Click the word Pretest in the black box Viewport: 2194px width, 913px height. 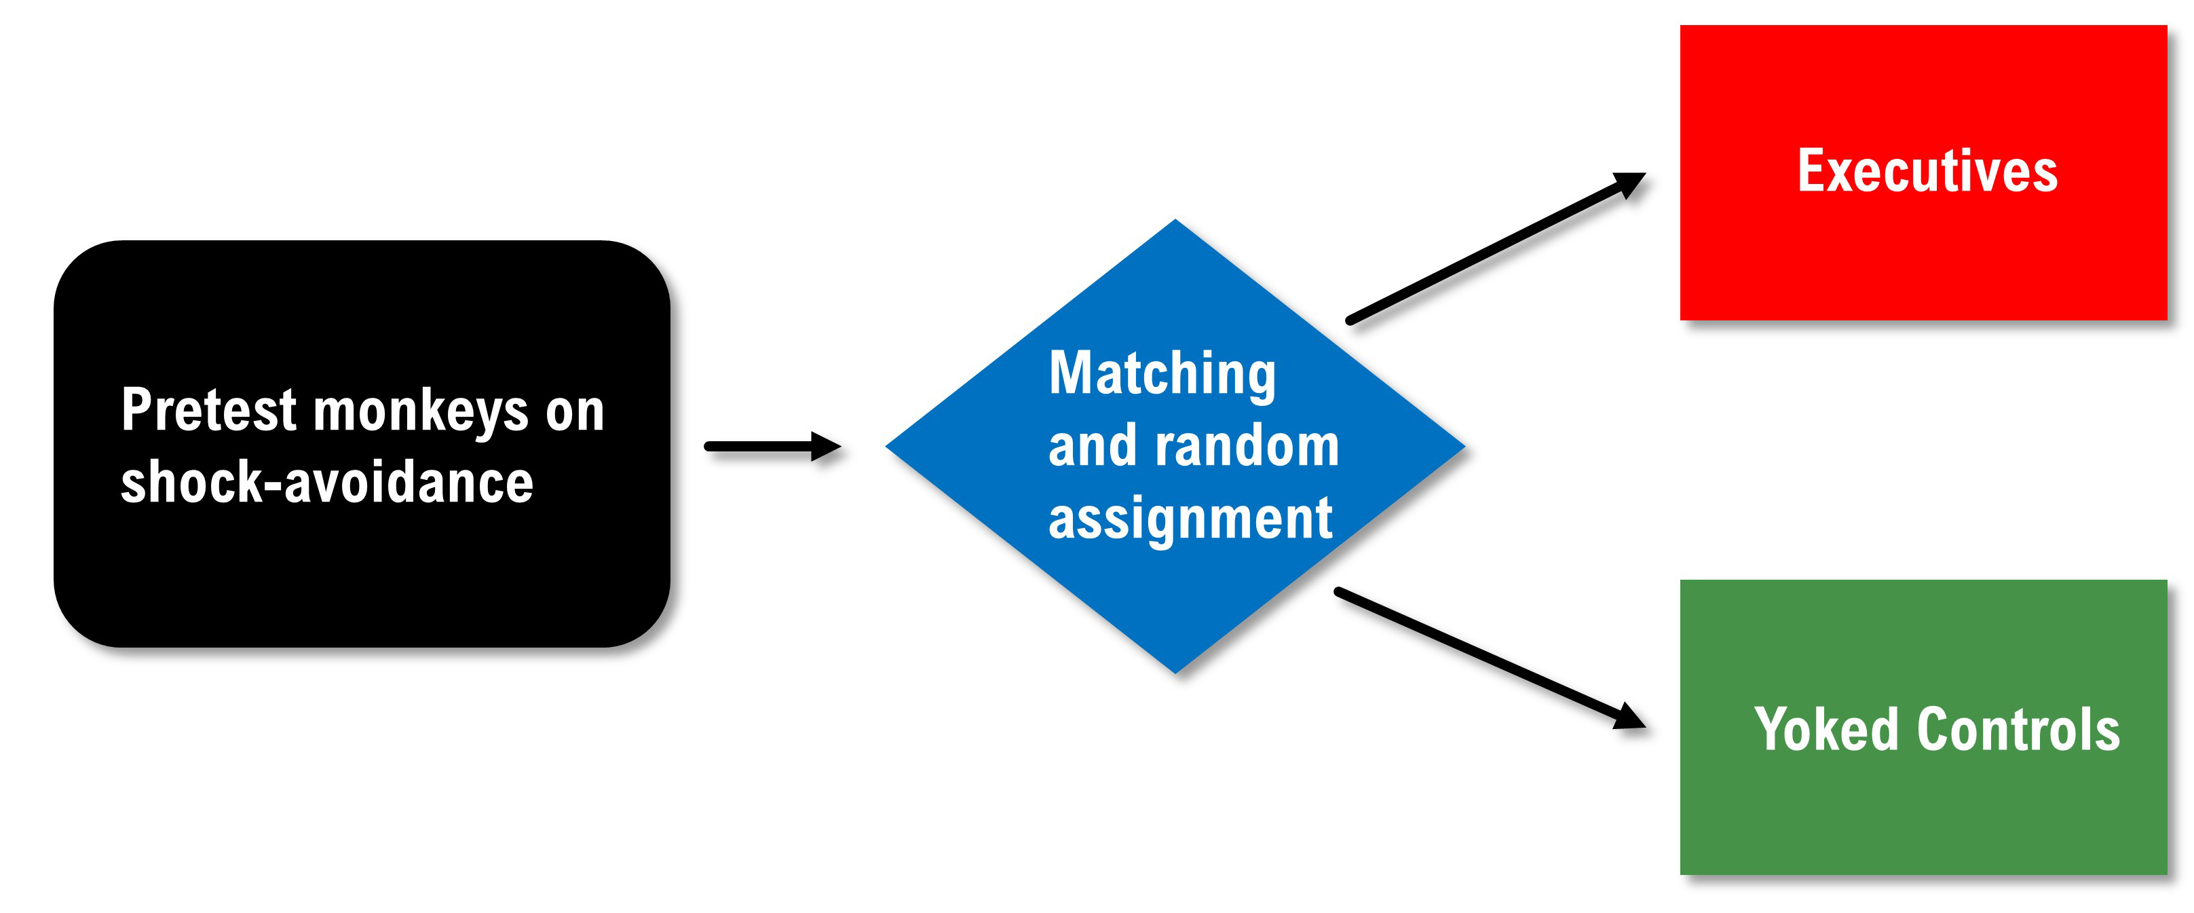(208, 411)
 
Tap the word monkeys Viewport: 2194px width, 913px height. (421, 412)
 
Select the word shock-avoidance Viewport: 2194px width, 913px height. (326, 483)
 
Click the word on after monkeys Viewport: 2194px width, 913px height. (575, 412)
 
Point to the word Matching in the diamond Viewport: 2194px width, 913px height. (1162, 374)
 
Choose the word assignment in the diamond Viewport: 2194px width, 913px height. (1190, 519)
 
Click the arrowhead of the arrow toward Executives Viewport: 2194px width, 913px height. (1629, 182)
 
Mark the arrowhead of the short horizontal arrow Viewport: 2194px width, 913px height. (826, 446)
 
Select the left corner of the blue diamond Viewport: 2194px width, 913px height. (888, 445)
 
